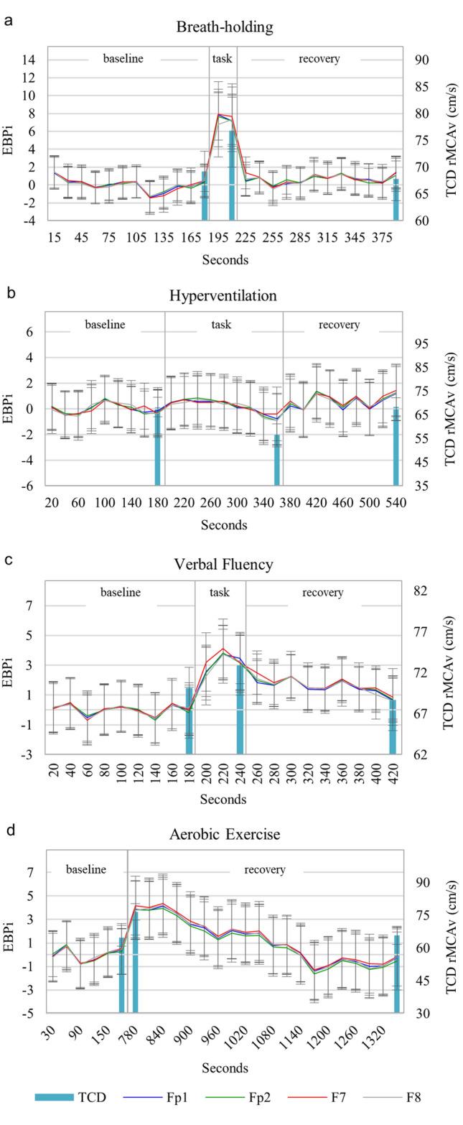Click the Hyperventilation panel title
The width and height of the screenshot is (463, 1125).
point(223,295)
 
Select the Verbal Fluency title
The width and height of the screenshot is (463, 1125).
point(223,564)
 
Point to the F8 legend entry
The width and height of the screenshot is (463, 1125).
point(413,1097)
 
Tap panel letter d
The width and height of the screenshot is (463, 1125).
point(10,830)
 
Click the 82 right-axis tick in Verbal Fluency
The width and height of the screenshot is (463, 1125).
point(421,591)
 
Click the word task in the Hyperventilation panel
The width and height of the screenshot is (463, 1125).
point(221,325)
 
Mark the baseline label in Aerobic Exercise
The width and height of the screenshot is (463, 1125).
point(85,869)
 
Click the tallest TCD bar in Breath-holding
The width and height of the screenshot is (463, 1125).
point(232,175)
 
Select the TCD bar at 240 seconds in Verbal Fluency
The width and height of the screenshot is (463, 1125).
point(240,709)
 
